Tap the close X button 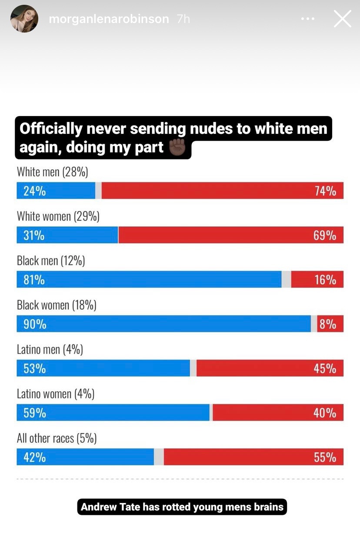342,19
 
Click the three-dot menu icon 307,19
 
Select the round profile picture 24,19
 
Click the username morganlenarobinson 109,19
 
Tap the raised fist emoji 177,148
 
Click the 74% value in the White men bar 325,191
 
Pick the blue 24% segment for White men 56,191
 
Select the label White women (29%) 58,216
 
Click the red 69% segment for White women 230,235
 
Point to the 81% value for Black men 34,280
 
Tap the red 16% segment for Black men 317,279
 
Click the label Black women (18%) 57,305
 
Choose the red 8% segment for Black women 330,324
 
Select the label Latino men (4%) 50,349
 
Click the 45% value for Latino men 325,368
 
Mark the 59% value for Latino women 35,413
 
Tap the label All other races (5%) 57,438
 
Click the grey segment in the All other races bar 159,457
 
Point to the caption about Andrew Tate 182,507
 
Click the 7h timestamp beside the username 183,19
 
